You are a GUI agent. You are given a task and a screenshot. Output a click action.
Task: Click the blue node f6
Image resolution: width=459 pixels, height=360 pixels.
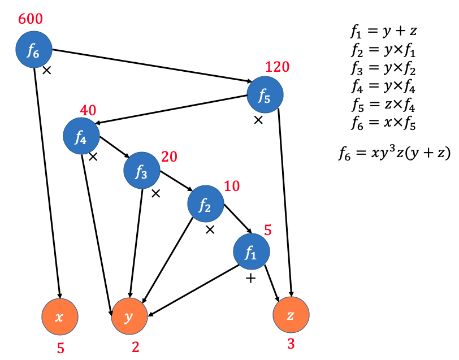(34, 50)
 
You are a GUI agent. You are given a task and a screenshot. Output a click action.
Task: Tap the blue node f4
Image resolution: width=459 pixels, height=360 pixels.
(81, 136)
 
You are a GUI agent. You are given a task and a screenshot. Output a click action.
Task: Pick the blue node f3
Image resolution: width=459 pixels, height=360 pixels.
(141, 171)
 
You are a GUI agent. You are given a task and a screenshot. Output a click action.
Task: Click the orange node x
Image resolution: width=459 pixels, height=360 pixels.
(59, 316)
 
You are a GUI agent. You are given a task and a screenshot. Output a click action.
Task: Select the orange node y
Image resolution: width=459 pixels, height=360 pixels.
(131, 316)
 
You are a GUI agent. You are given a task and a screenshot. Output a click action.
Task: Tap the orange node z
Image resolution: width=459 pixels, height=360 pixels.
(291, 315)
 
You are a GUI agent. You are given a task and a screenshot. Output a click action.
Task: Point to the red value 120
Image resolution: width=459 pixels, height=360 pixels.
(277, 68)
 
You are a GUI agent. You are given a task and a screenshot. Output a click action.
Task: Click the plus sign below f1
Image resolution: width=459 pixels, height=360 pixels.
(251, 279)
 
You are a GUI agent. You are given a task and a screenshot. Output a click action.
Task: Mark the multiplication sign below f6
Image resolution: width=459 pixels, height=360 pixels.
(47, 71)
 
